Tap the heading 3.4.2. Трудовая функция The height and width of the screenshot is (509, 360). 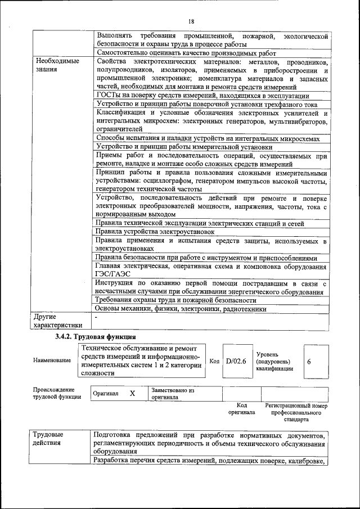95,336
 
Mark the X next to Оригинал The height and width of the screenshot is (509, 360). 132,393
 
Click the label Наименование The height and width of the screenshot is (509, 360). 52,361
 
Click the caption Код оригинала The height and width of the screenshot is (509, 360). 241,408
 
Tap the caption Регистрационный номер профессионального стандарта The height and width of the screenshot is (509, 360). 296,412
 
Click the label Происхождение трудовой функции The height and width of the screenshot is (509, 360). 57,393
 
